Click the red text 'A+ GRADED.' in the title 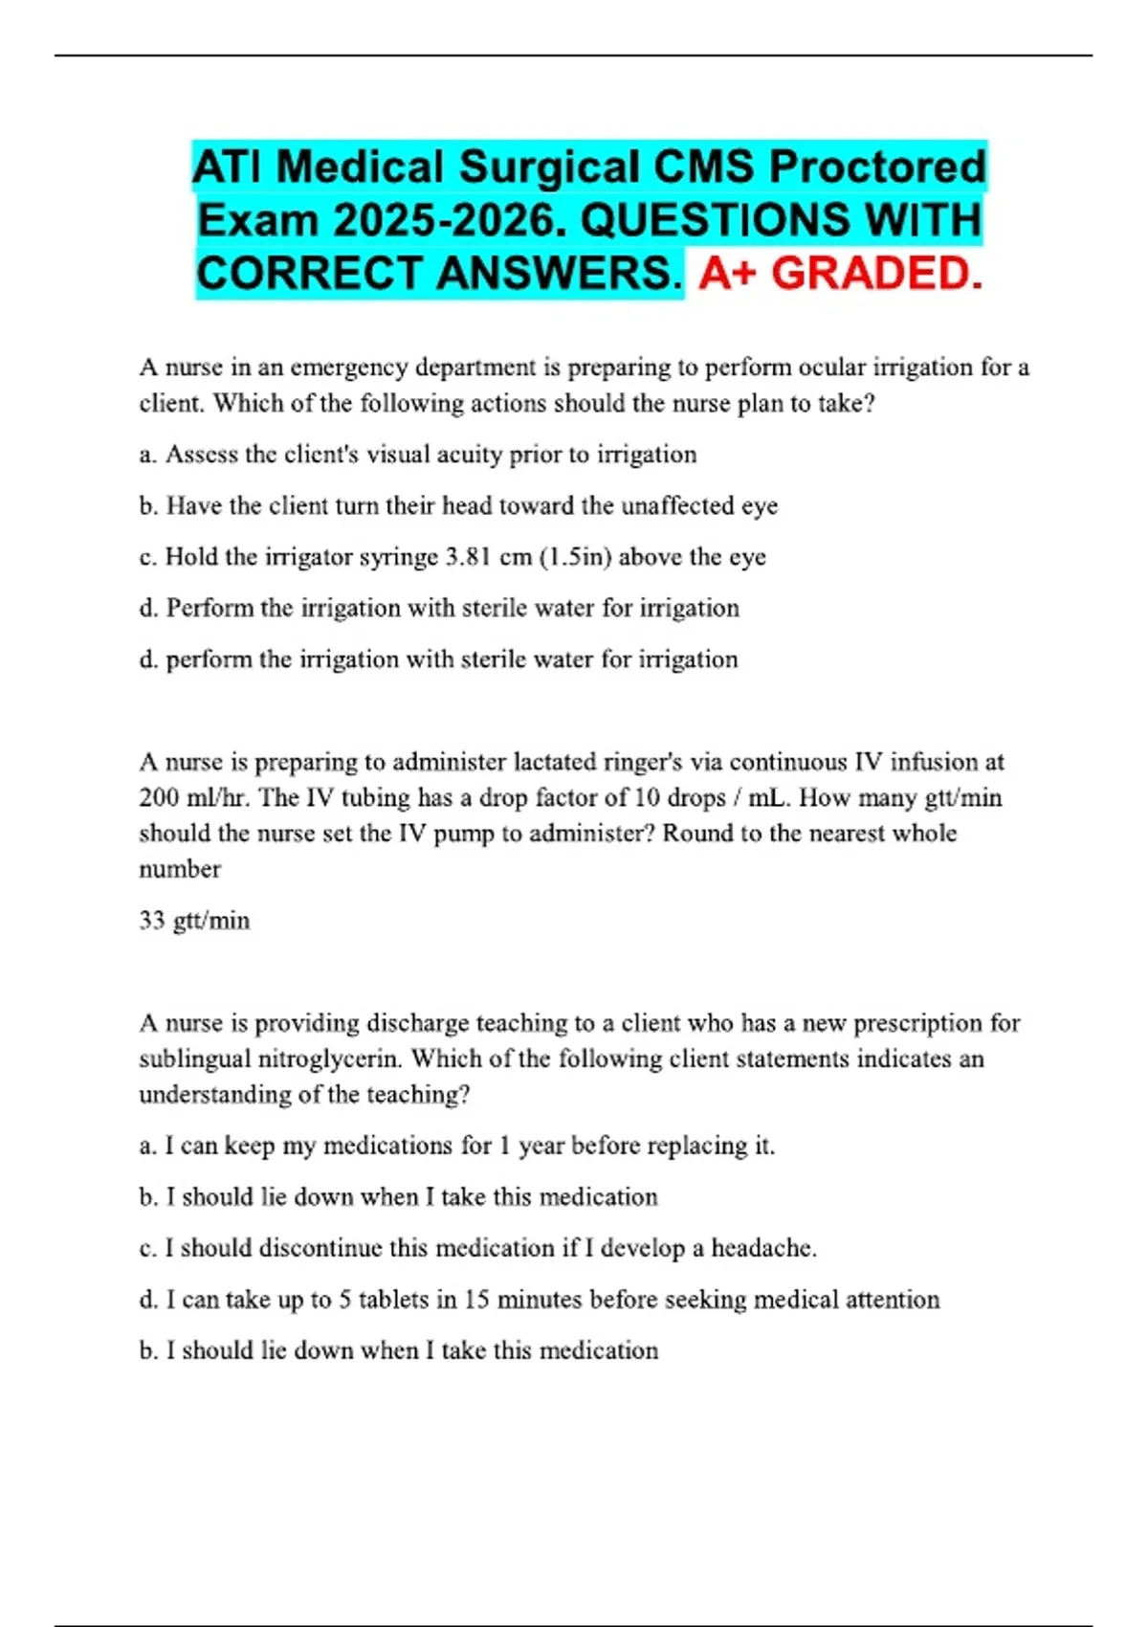(x=840, y=274)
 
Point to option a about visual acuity (x=418, y=455)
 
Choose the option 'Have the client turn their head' (x=458, y=505)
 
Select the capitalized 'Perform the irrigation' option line (x=439, y=608)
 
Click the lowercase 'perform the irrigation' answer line (x=439, y=659)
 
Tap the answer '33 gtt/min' (x=194, y=921)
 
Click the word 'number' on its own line (x=180, y=869)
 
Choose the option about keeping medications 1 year (x=456, y=1146)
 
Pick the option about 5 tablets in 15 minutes (x=539, y=1300)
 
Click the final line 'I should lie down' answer (x=399, y=1350)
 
